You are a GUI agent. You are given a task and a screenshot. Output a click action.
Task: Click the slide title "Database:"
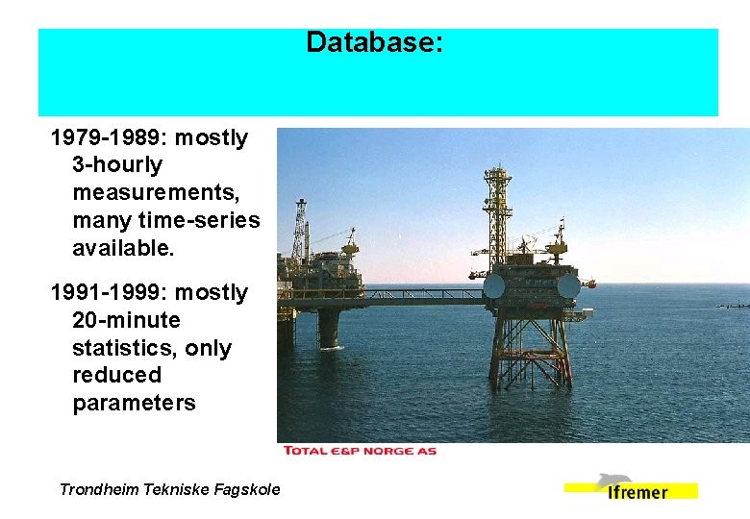374,43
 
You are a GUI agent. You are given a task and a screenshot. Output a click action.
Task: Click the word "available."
123,249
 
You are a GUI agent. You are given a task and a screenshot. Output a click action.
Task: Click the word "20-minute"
126,320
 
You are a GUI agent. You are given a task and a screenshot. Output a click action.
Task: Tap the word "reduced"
116,375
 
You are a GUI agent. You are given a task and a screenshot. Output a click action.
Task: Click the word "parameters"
134,403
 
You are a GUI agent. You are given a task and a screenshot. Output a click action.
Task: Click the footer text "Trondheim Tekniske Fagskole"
170,489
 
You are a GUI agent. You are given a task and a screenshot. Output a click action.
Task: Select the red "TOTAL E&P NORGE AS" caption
360,451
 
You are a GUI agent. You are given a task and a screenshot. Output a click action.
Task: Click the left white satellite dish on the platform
493,286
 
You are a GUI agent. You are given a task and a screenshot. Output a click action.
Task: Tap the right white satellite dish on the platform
568,285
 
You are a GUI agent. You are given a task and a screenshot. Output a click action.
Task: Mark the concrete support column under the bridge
329,327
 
